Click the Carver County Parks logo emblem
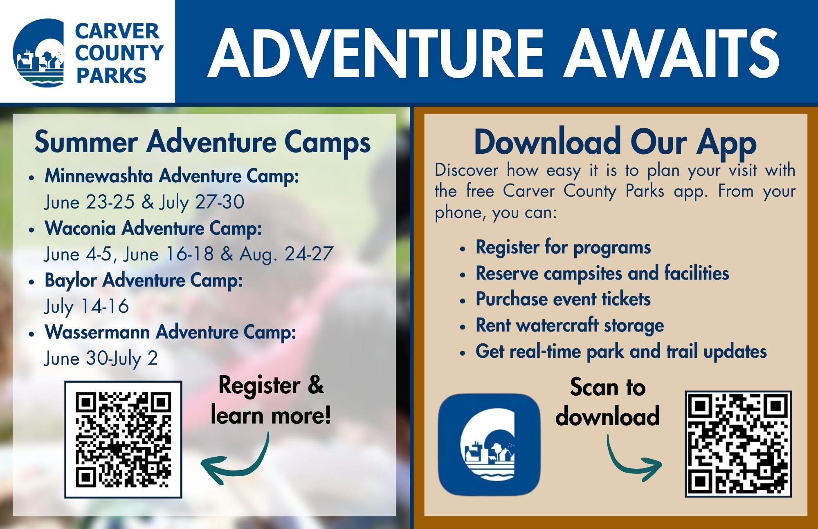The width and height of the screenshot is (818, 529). pos(38,53)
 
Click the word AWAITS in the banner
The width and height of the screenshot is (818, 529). pos(672,53)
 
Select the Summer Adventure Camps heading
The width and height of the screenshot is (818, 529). pos(202,142)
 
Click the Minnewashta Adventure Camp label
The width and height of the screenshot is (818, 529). pos(172,176)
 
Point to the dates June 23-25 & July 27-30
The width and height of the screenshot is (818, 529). pos(144,202)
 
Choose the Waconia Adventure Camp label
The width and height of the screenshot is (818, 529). pos(153,228)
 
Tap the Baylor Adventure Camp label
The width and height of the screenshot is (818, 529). pos(144,280)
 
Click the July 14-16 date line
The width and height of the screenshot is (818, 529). pos(86,307)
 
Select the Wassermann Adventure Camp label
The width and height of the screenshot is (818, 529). pos(170,332)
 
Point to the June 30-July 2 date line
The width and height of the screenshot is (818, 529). pos(101,359)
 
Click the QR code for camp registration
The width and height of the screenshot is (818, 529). pos(123,439)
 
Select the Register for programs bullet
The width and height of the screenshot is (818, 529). pos(563,247)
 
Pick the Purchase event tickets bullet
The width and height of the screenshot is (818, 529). pos(563,299)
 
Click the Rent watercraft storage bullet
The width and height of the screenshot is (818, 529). pos(569,326)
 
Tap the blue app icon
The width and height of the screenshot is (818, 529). pos(489,445)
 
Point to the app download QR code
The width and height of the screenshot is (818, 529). pos(738,444)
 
